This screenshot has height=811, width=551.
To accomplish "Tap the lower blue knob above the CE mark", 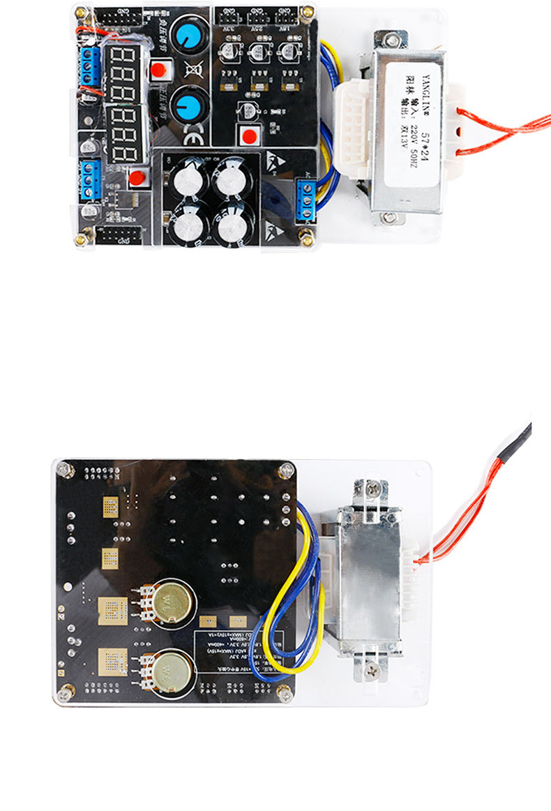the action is (187, 105).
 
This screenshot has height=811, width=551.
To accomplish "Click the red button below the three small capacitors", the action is (248, 134).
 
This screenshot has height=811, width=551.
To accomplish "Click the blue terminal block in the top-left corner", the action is (88, 66).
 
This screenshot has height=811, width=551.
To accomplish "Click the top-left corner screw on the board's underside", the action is (64, 468).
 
